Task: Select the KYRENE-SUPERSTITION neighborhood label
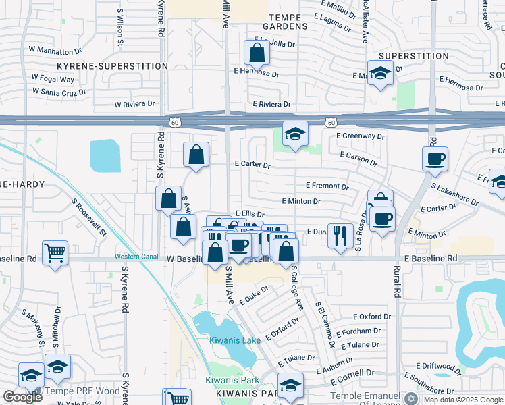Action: tap(113, 66)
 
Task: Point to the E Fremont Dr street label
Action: tap(327, 186)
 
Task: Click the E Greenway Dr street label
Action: tap(361, 136)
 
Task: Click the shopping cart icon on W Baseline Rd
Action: tap(55, 252)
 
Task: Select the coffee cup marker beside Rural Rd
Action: tap(435, 159)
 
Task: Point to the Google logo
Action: tap(22, 397)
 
